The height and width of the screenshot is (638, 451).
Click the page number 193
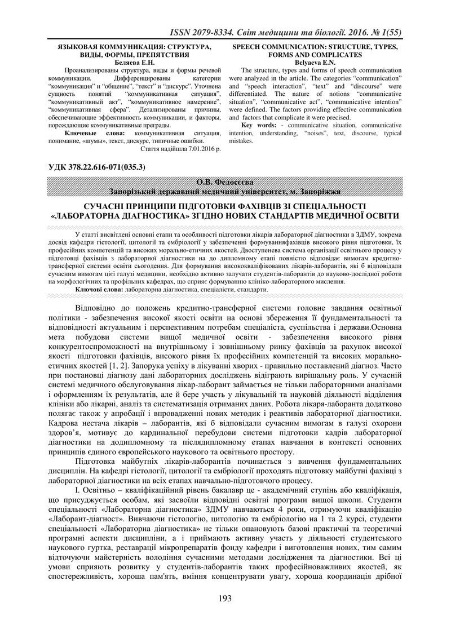(x=225, y=614)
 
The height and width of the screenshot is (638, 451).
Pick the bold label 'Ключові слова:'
(x=99, y=289)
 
